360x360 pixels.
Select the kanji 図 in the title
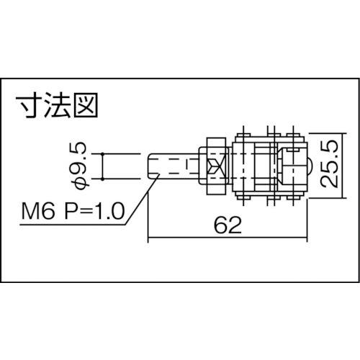(86, 105)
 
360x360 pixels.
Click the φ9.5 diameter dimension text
(78, 166)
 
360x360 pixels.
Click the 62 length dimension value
(228, 225)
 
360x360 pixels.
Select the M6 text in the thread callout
(38, 211)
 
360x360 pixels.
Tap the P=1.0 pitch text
(95, 211)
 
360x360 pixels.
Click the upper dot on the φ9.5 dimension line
(102, 153)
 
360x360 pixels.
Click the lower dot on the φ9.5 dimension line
(102, 179)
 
